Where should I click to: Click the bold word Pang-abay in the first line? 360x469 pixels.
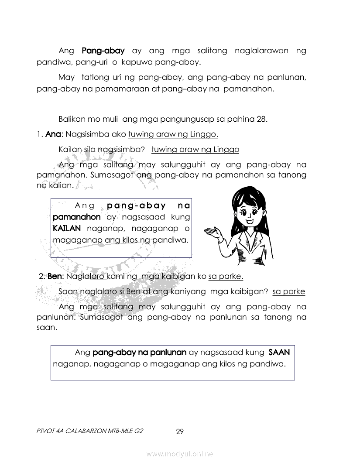[103, 51]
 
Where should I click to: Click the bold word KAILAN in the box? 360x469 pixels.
[67, 228]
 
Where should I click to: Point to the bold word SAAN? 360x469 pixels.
[279, 352]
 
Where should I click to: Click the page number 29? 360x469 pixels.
[180, 432]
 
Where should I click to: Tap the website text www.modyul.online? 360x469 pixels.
[180, 454]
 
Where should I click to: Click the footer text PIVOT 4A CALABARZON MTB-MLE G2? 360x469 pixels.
[90, 431]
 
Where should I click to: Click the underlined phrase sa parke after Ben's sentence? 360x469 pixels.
[226, 276]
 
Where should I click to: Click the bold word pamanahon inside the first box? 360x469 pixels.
[76, 217]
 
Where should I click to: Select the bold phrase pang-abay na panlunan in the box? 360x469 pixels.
[140, 352]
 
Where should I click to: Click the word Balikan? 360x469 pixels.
[72, 119]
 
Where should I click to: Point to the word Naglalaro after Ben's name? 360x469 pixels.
[85, 276]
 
